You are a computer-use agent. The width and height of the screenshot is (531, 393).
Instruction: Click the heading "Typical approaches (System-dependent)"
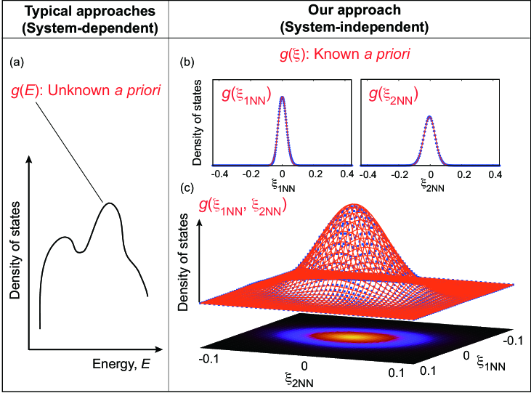coord(84,20)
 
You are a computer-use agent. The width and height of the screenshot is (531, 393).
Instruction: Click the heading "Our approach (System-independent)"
coord(352,20)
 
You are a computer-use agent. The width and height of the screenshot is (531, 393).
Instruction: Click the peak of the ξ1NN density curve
coord(282,97)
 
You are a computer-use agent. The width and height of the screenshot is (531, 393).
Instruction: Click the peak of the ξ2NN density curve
coord(430,116)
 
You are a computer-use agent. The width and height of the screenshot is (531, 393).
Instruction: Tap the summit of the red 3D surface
coord(356,204)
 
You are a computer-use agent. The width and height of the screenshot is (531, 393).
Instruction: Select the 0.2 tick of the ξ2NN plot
coord(463,175)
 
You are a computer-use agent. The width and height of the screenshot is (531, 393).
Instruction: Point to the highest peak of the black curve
coord(110,203)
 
